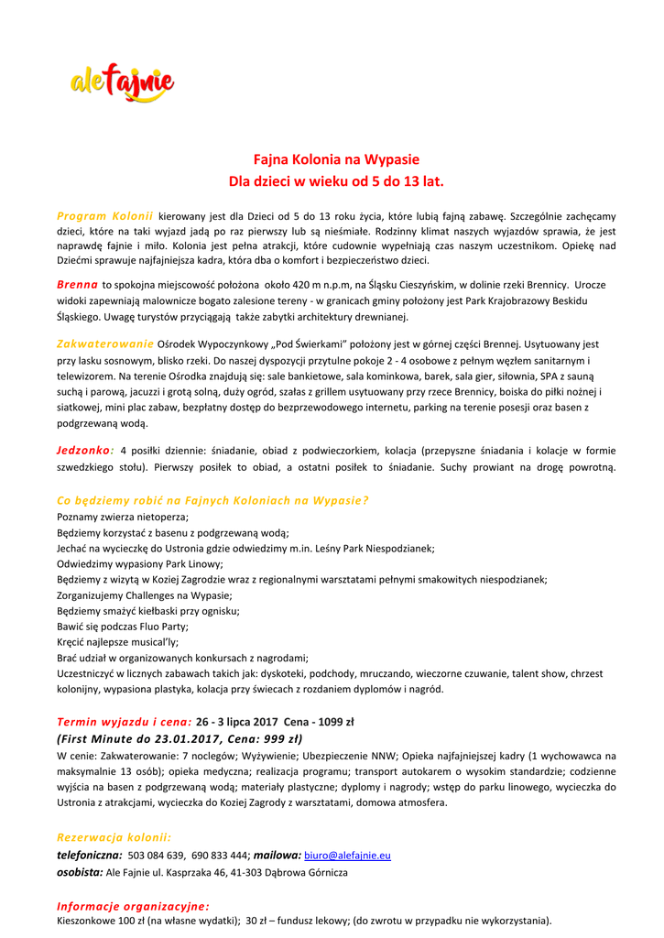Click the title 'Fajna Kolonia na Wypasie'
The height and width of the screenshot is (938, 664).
[336, 159]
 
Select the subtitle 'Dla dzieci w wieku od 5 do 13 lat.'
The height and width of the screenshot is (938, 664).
[336, 181]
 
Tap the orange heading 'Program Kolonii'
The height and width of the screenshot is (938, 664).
[104, 215]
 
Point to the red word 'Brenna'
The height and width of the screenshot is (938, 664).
[77, 285]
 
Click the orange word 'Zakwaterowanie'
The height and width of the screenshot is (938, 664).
[105, 344]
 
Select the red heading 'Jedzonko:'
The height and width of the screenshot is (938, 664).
[85, 450]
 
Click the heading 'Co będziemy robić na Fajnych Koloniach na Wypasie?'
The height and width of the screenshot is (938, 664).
[212, 500]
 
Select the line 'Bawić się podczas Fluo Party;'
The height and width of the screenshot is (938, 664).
[123, 627]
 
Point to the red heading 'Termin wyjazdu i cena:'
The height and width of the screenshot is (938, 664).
[124, 722]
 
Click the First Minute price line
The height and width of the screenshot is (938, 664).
[180, 738]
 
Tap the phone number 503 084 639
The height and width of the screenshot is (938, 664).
[157, 856]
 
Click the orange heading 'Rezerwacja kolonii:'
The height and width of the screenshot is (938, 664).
[114, 837]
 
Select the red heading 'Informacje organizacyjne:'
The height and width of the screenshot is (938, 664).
[133, 905]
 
